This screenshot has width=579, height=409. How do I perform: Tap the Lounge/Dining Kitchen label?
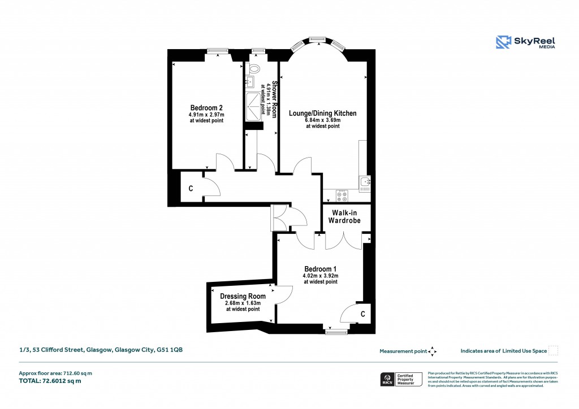click(x=323, y=114)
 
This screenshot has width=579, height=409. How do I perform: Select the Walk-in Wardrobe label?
click(x=346, y=216)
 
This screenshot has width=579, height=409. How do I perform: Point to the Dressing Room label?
click(x=243, y=296)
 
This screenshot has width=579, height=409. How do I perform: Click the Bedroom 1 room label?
click(x=321, y=268)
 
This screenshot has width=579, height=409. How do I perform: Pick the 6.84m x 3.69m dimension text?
click(x=323, y=120)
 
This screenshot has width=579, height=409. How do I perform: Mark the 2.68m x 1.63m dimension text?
click(x=243, y=303)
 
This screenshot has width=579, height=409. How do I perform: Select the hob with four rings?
click(x=342, y=196)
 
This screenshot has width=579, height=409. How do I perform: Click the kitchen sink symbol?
click(x=365, y=182)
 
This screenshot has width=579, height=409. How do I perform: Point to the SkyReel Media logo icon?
click(x=503, y=42)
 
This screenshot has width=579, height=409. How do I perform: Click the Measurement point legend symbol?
click(x=433, y=351)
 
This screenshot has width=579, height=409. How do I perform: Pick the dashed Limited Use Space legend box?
click(x=554, y=351)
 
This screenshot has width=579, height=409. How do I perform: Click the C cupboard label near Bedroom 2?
click(x=191, y=189)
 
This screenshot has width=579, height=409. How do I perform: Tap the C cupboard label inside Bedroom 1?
click(x=362, y=314)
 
